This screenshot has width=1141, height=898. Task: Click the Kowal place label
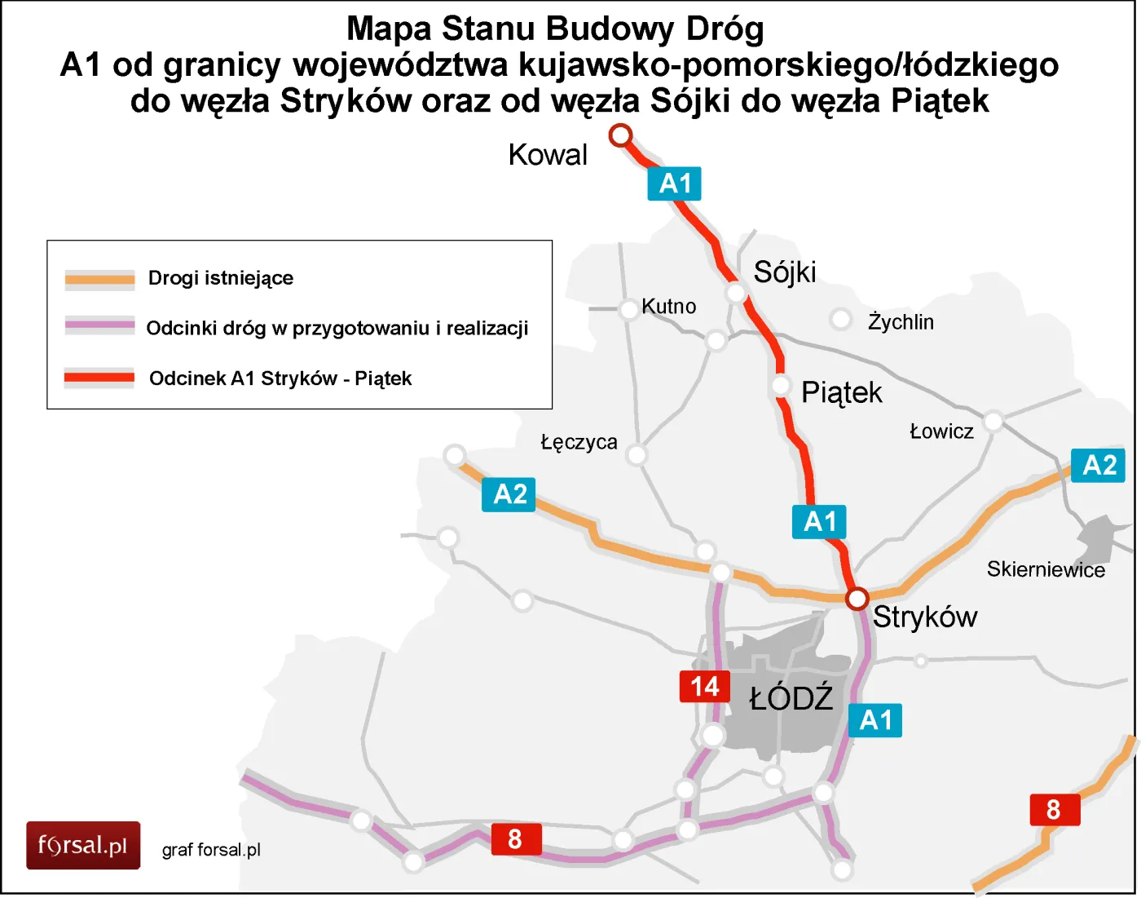(x=547, y=155)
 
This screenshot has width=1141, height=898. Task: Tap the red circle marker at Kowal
(x=621, y=135)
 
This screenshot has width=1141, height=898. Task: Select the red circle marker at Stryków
(x=857, y=599)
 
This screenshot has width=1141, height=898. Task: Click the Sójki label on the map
(x=784, y=272)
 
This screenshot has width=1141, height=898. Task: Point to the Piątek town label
(x=841, y=393)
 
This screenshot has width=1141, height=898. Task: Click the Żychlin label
(x=900, y=322)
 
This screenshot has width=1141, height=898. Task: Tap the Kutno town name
(x=668, y=307)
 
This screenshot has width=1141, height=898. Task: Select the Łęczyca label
(x=579, y=443)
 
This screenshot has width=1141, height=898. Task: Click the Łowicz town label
(x=941, y=431)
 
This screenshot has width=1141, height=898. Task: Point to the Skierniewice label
(x=1046, y=569)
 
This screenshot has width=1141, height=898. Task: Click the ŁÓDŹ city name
(x=791, y=699)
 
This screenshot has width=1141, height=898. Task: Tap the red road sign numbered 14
(x=705, y=687)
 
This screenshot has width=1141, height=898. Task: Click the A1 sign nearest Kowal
(x=675, y=184)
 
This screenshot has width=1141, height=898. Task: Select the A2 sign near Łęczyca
(x=509, y=494)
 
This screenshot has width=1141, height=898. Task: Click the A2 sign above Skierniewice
(x=1098, y=466)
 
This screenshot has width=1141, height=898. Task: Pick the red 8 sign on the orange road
(x=1054, y=810)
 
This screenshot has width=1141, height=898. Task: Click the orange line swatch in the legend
(x=99, y=280)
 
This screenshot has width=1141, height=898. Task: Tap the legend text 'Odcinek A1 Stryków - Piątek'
(x=280, y=378)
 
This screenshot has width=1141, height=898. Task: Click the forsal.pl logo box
(x=83, y=845)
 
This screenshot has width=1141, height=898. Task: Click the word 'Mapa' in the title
(x=389, y=29)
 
